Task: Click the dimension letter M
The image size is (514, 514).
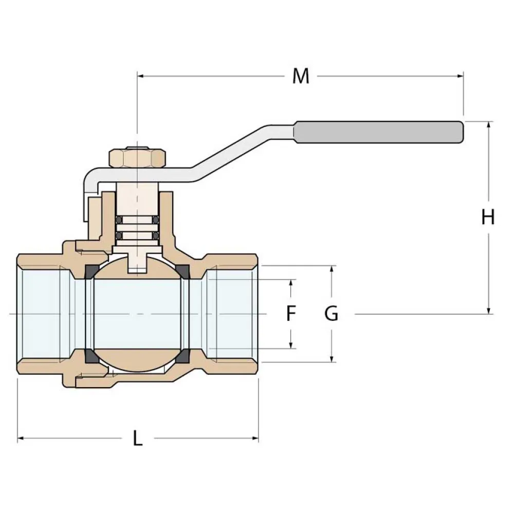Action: (x=301, y=76)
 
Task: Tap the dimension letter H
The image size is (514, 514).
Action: (x=488, y=217)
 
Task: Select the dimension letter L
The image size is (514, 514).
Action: (x=137, y=438)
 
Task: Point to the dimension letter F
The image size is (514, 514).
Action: (x=291, y=313)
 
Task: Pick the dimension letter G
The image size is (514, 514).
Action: (x=332, y=313)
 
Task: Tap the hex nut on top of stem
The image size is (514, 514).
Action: (x=137, y=158)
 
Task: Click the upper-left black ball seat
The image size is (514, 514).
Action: (x=91, y=271)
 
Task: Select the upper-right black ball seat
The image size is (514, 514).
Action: (x=182, y=271)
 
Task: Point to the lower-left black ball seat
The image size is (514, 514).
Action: (x=91, y=356)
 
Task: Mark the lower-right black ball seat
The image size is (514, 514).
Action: (x=182, y=356)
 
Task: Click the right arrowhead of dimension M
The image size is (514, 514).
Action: (x=460, y=77)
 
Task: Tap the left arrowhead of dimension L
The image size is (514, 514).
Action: (x=22, y=438)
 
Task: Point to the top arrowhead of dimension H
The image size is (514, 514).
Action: (x=488, y=125)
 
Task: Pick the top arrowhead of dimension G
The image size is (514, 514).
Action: (x=332, y=269)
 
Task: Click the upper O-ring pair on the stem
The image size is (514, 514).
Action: (x=137, y=221)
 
